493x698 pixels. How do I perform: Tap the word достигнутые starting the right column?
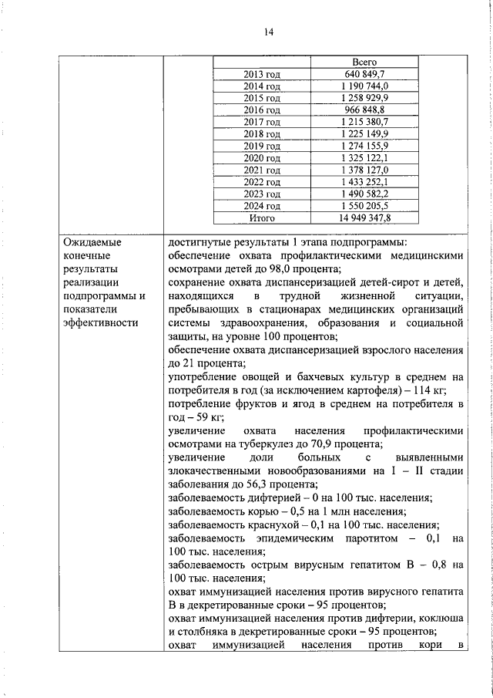pyautogui.click(x=203, y=242)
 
